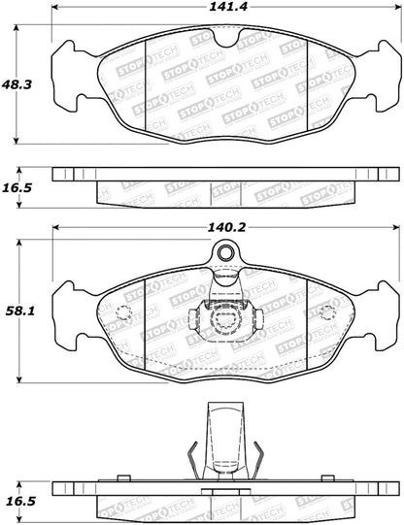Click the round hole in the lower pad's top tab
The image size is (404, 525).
tap(226, 255)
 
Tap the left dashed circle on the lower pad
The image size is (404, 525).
tap(123, 312)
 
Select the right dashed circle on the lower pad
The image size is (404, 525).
tap(327, 312)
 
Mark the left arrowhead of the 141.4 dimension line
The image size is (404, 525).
tap(55, 18)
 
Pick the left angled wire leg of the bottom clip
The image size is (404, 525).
tap(193, 458)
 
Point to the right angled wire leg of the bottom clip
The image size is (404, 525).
tap(259, 458)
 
